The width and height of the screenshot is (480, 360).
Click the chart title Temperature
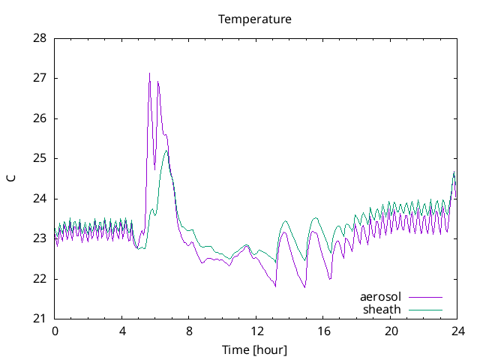(254, 19)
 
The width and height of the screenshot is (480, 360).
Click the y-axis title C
(10, 178)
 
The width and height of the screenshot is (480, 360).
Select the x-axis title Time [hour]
(254, 349)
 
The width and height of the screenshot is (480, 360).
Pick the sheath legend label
(382, 309)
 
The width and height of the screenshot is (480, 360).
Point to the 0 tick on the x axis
(55, 331)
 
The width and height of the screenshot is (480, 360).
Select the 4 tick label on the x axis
(122, 331)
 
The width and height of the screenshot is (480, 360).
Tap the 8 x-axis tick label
(189, 331)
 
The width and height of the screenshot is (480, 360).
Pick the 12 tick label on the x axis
(256, 331)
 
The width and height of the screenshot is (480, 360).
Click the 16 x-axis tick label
(323, 331)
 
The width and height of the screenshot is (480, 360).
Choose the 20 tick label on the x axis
(391, 331)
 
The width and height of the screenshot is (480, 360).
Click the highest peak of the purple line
(149, 73)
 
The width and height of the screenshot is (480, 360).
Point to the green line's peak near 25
(166, 151)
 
